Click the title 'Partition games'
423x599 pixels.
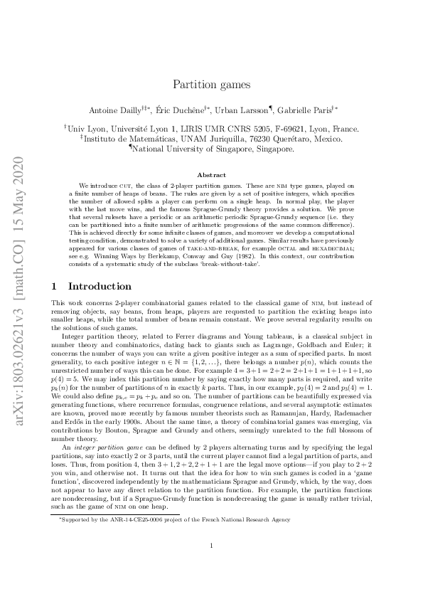click(x=211, y=84)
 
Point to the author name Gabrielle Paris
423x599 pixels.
click(x=305, y=110)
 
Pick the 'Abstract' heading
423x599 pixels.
click(x=211, y=175)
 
